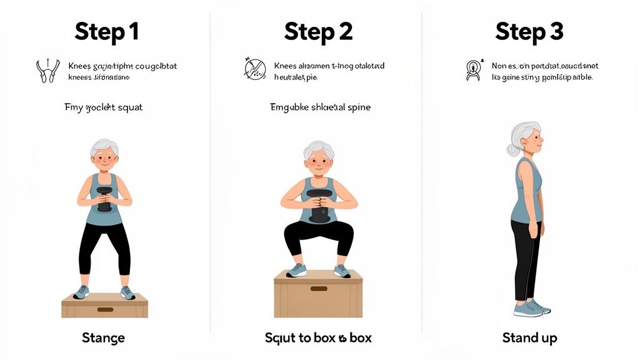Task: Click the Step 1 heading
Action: (x=106, y=31)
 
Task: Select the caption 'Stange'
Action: (x=103, y=338)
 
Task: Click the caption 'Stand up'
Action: (x=529, y=338)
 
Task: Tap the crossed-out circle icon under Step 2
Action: (x=254, y=69)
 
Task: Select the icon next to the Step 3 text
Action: (x=473, y=70)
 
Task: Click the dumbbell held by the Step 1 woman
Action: (x=104, y=199)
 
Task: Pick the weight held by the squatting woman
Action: (x=319, y=207)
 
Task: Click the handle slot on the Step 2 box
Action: (x=319, y=289)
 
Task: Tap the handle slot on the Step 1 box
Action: (x=105, y=309)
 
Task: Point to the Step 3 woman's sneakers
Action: (x=531, y=308)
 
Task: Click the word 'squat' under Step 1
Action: (x=129, y=107)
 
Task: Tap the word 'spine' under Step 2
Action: (x=357, y=107)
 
